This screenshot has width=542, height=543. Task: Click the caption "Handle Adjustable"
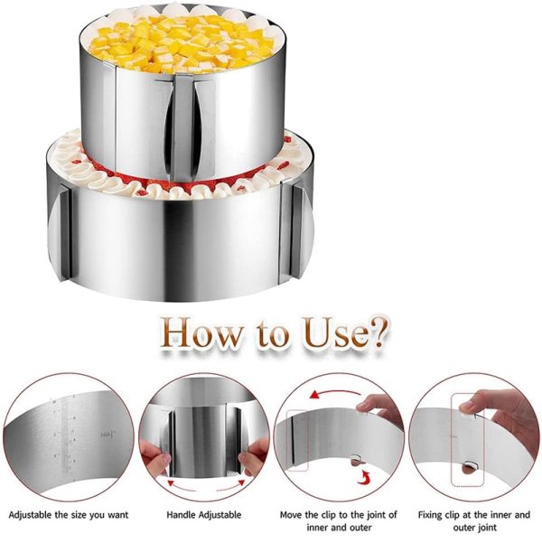pyautogui.click(x=203, y=515)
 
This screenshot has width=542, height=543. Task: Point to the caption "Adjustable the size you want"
pyautogui.click(x=69, y=515)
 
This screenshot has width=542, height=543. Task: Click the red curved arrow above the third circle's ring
pyautogui.click(x=335, y=394)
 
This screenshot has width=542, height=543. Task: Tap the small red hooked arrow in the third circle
pyautogui.click(x=363, y=478)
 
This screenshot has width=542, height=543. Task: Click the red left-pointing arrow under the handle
pyautogui.click(x=182, y=486)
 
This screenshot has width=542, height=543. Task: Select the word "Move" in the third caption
pyautogui.click(x=291, y=515)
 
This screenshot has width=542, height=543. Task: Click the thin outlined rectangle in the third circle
pyautogui.click(x=298, y=440)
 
